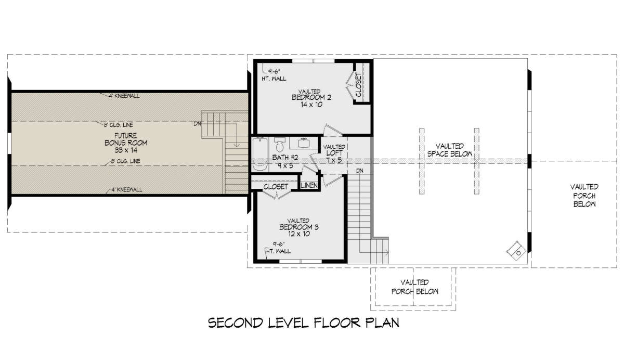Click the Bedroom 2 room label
tap(311, 98)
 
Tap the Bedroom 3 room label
tap(298, 227)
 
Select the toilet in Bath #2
tap(279, 144)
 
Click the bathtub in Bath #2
tap(259, 154)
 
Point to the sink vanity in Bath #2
tap(303, 143)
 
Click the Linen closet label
tap(309, 185)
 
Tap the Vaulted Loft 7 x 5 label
tap(334, 153)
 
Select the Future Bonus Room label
tap(126, 143)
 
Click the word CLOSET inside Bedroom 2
tap(358, 85)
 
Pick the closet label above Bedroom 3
tap(276, 187)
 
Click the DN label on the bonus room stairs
tap(197, 124)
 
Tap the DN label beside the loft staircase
tap(360, 171)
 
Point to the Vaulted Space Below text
tap(450, 150)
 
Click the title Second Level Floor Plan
tap(304, 323)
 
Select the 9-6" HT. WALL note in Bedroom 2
tap(274, 75)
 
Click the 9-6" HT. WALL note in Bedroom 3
tap(278, 248)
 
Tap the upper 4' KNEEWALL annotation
tap(124, 96)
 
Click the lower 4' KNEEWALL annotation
tap(127, 190)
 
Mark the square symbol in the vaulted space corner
tap(516, 251)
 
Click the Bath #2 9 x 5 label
tap(285, 162)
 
